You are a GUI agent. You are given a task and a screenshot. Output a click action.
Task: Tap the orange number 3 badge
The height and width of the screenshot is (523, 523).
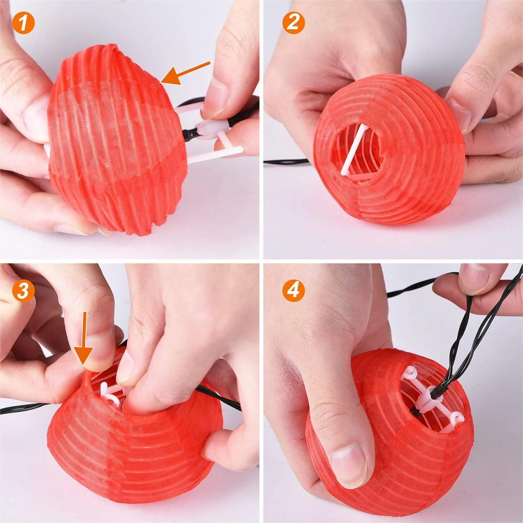pos(23,290)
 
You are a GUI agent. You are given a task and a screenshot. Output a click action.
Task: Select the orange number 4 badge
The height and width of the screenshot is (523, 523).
pos(293,290)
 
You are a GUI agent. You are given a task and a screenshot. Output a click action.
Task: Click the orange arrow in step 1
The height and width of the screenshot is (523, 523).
pos(187,73)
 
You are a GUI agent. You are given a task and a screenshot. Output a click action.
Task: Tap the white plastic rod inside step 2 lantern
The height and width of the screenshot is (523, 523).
pos(352,150)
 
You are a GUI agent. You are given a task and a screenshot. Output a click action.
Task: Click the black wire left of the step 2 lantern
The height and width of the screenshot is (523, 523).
pos(286,161)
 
